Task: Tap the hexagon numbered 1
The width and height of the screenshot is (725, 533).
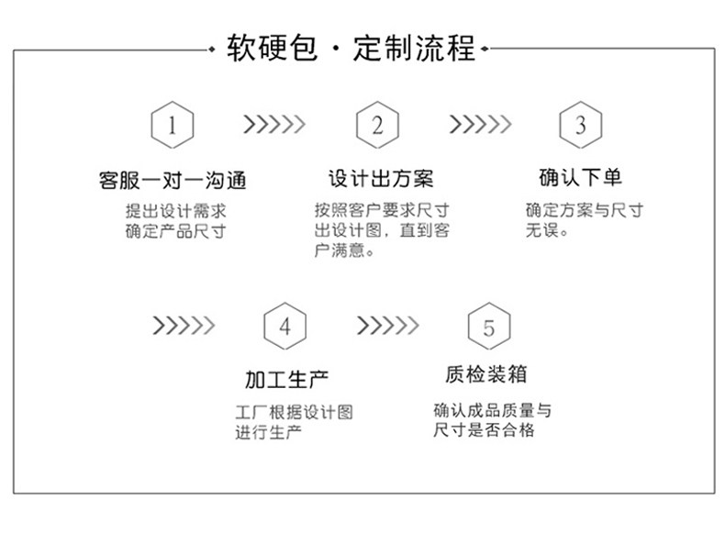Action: pos(173,125)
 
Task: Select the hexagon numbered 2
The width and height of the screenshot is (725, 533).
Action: pos(377,125)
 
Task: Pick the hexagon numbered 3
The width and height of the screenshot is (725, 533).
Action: pos(580,125)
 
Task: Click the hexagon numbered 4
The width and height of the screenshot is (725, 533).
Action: pos(284,326)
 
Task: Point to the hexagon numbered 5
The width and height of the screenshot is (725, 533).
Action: pos(488,326)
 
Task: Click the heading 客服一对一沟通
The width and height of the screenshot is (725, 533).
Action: pos(173,179)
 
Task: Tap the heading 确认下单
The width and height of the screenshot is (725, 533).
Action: pos(580,176)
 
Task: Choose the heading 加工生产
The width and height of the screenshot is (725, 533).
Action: pos(285,378)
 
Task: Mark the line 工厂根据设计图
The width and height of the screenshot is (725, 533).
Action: pos(294,412)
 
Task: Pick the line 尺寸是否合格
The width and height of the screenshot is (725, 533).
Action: pos(484,429)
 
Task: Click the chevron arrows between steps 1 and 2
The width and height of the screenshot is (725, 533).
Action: pos(273,124)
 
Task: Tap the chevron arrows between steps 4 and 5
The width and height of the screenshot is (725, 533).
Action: pos(388,325)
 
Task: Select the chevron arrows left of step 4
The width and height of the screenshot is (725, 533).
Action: pos(184,325)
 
